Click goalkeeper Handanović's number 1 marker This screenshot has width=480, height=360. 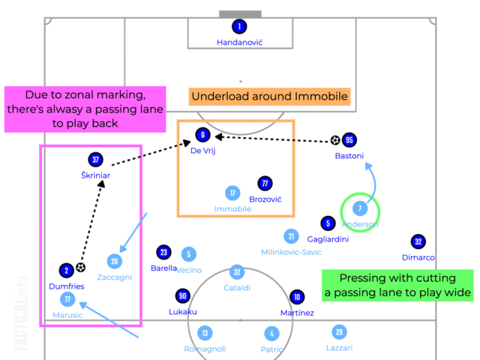click(x=239, y=27)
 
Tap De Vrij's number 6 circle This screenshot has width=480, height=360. click(x=202, y=135)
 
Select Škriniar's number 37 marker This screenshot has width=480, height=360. click(x=95, y=160)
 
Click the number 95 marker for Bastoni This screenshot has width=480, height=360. click(x=349, y=140)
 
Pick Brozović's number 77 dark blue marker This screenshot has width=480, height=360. click(x=264, y=183)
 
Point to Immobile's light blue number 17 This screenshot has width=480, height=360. click(x=232, y=193)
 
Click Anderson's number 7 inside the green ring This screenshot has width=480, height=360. click(x=361, y=208)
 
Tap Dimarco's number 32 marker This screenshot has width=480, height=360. click(x=418, y=241)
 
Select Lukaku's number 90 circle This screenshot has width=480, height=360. click(x=182, y=295)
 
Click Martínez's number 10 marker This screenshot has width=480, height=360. click(x=297, y=296)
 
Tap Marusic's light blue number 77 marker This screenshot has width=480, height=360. click(x=68, y=300)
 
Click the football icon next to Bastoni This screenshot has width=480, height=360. click(x=335, y=140)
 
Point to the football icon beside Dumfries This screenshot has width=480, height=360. click(x=80, y=266)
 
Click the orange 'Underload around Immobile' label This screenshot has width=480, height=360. click(x=269, y=97)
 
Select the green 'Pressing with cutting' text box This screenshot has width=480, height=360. click(x=396, y=284)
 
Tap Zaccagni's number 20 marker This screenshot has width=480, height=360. click(x=114, y=261)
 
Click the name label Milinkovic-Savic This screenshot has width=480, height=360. click(x=292, y=252)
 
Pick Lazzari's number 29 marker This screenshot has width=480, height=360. click(x=340, y=331)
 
